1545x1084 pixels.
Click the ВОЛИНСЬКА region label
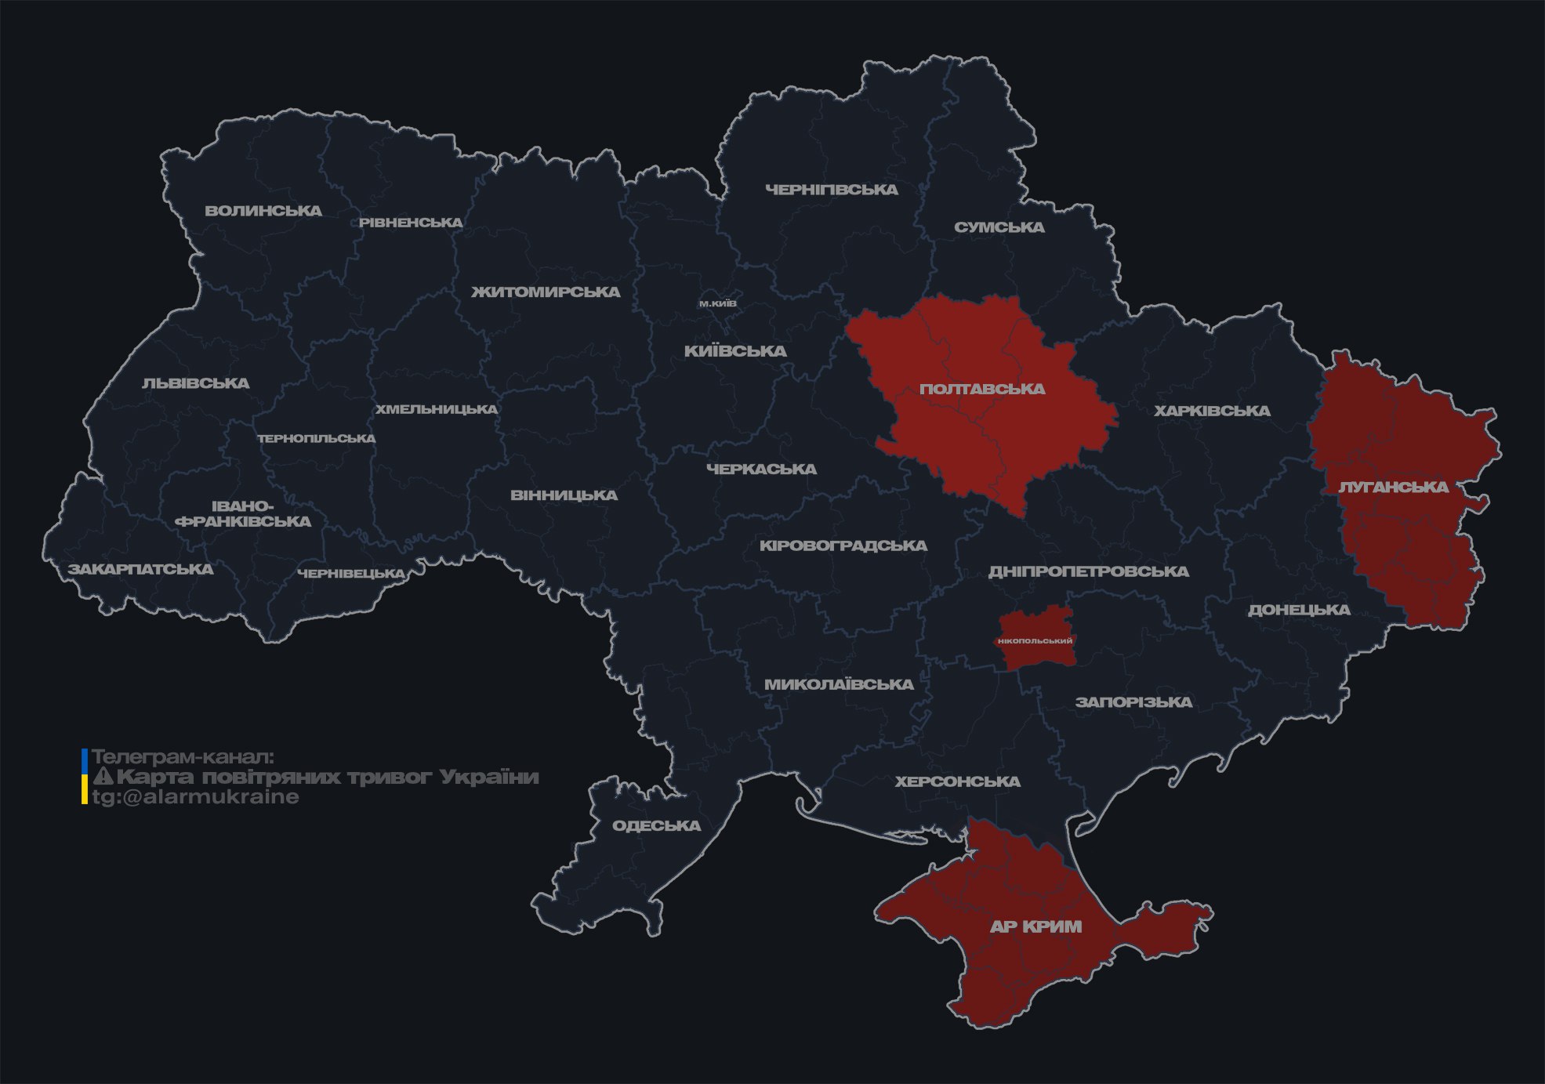[263, 211]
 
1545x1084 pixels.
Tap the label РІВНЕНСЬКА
[411, 223]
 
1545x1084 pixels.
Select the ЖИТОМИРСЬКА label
[546, 292]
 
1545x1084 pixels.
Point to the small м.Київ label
[718, 303]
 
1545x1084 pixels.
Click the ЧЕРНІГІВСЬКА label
[832, 190]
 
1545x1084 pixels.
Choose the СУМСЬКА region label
[999, 227]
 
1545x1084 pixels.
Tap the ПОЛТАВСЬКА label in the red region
[982, 389]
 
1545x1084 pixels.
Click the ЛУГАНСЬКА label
[1393, 487]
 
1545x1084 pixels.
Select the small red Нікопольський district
[1035, 640]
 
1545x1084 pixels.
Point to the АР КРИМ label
[1035, 926]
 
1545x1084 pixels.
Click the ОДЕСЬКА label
[656, 825]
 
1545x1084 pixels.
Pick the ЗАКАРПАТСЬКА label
[141, 569]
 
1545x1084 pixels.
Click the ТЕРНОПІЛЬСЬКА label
[317, 438]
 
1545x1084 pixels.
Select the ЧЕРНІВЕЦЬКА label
[351, 574]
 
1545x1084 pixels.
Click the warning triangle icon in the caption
[103, 777]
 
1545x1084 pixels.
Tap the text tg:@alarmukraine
[196, 797]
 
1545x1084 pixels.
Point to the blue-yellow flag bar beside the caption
[85, 777]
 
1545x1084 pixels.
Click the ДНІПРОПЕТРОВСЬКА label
[1088, 571]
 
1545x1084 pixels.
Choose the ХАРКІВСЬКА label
[1212, 411]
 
